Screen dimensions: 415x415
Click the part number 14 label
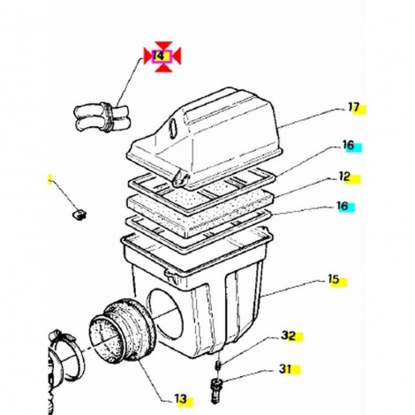click(x=159, y=56)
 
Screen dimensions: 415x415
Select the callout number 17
click(x=354, y=107)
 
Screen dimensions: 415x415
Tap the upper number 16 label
click(x=348, y=145)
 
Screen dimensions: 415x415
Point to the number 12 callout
click(x=344, y=177)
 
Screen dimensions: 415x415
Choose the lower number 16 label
click(x=343, y=206)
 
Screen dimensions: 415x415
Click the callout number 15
click(x=334, y=279)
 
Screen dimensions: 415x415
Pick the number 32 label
click(x=288, y=336)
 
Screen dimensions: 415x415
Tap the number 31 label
click(x=285, y=369)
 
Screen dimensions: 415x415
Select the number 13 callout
click(x=181, y=399)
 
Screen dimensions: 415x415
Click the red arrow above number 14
click(x=163, y=46)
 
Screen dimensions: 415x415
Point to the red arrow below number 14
click(x=163, y=67)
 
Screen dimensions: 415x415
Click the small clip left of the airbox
click(x=79, y=214)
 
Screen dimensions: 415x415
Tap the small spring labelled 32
click(x=219, y=365)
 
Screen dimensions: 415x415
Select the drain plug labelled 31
click(x=216, y=389)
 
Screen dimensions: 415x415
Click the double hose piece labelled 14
click(x=102, y=117)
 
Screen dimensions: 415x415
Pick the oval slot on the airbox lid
click(x=173, y=129)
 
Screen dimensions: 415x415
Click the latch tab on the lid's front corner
click(x=181, y=179)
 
